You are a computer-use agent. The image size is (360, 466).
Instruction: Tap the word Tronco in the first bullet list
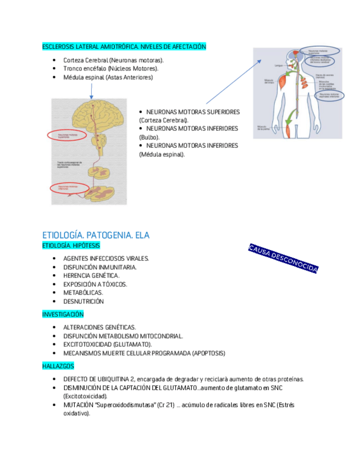pyautogui.click(x=73, y=69)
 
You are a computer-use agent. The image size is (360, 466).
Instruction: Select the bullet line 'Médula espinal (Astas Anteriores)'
pyautogui.click(x=108, y=77)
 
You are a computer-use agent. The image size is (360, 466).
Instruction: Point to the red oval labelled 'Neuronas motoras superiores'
pyautogui.click(x=69, y=135)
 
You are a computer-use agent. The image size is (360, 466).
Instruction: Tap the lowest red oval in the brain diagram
pyautogui.click(x=69, y=188)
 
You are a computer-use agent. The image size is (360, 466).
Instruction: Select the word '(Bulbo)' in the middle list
pyautogui.click(x=149, y=137)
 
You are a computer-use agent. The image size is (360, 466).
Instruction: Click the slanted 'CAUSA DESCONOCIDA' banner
pyautogui.click(x=283, y=258)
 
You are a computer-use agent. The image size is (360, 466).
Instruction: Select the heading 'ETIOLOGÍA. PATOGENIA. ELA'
pyautogui.click(x=96, y=235)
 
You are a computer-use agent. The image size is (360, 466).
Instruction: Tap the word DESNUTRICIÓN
pyautogui.click(x=84, y=302)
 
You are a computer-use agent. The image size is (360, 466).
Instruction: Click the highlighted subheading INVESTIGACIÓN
pyautogui.click(x=63, y=314)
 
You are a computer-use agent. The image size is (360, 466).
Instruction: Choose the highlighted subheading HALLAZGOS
pyautogui.click(x=58, y=365)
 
